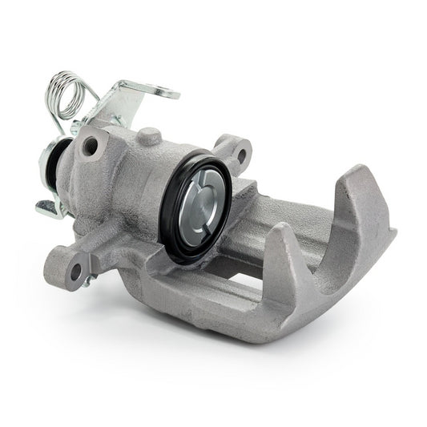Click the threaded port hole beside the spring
(x=90, y=146)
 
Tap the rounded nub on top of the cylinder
(x=147, y=137)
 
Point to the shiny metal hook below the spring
(x=48, y=209)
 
